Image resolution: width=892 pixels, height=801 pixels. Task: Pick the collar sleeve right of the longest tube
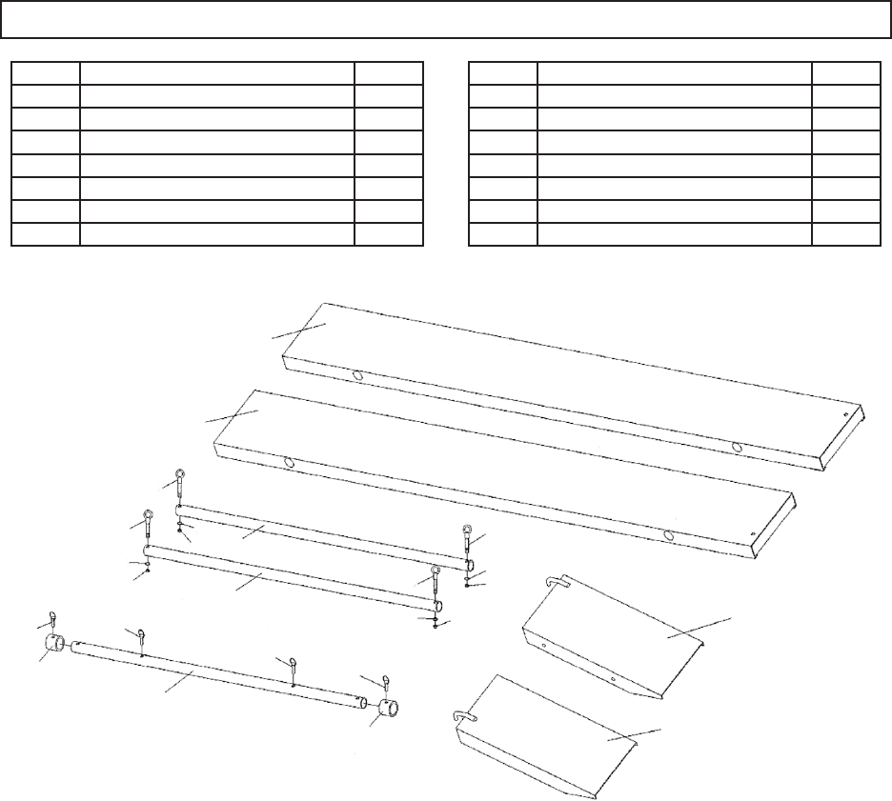coord(390,711)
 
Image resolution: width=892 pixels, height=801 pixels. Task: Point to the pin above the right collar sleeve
coord(386,681)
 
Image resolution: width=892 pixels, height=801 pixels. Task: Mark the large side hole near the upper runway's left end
coord(359,376)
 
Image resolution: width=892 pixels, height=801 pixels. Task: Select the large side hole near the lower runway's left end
coord(288,462)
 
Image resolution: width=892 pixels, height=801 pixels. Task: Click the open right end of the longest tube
coord(361,703)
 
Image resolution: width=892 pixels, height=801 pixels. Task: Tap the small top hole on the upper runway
coord(847,415)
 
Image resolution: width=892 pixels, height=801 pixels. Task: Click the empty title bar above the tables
coord(446,19)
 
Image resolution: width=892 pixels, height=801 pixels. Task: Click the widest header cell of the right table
coord(674,71)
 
